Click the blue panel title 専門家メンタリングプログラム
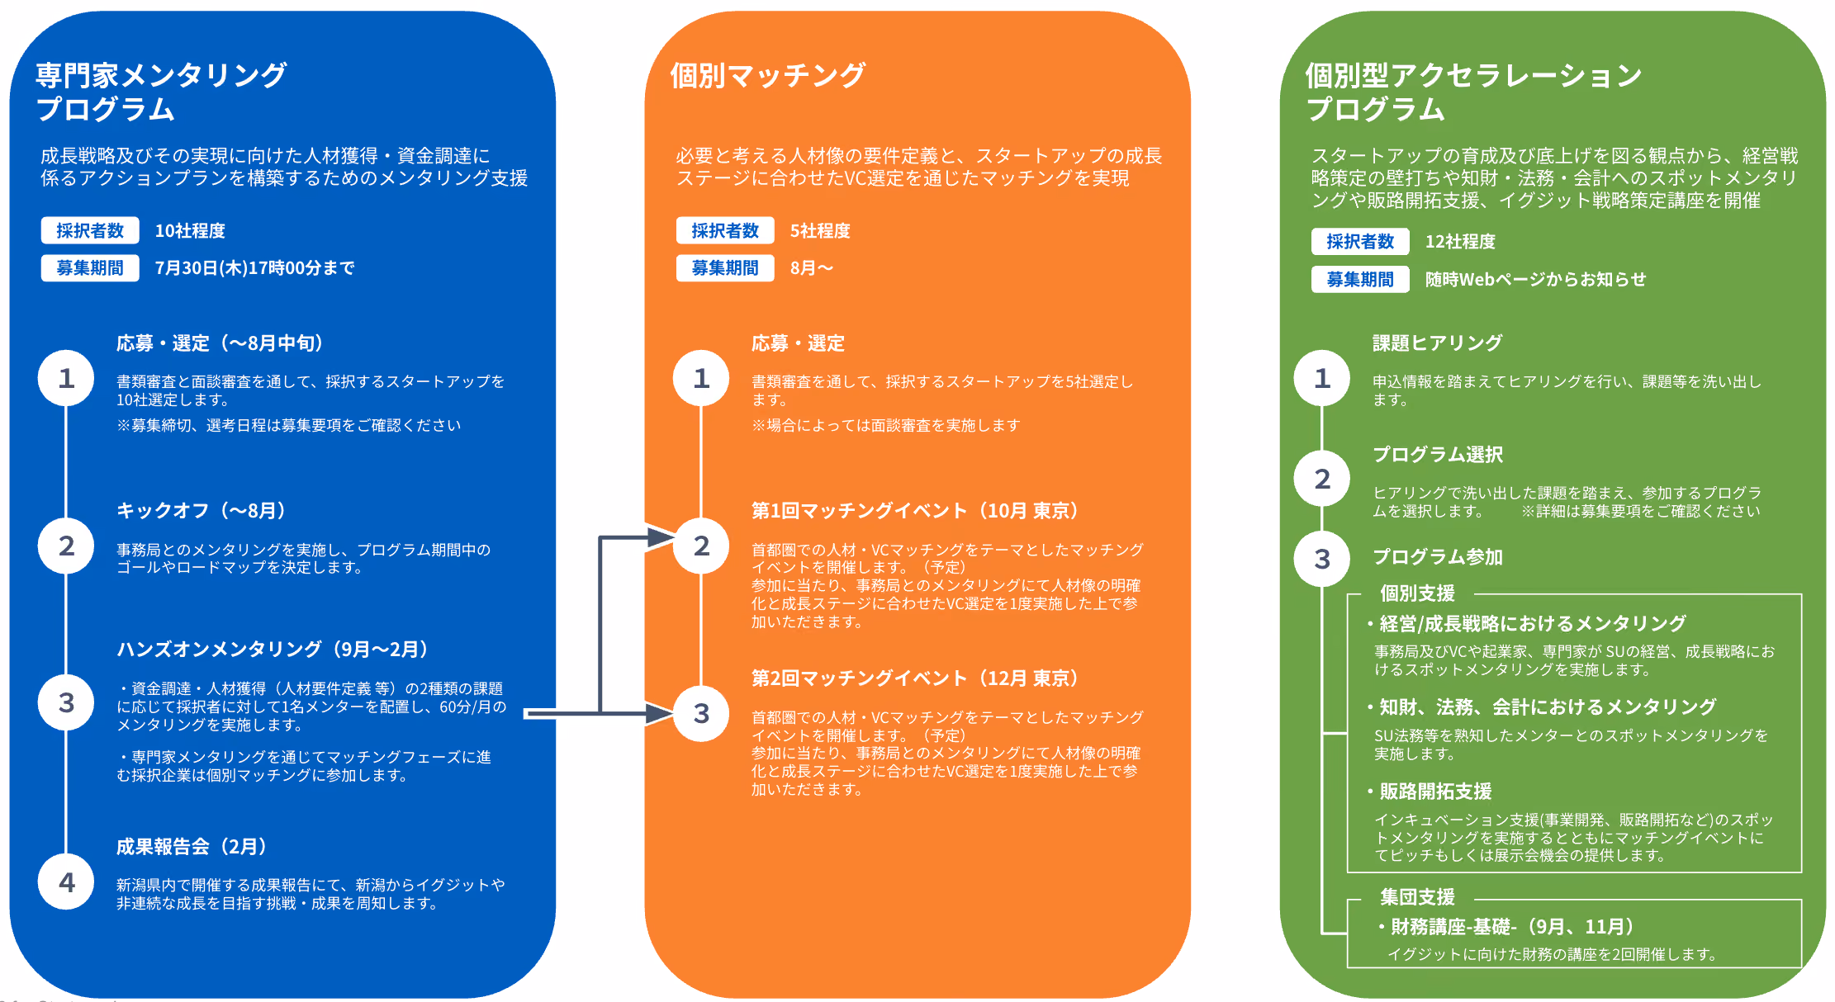pos(161,92)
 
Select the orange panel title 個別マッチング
pos(767,75)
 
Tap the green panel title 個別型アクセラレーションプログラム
pos(1473,92)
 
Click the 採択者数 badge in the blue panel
pos(90,230)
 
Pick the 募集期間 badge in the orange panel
pos(725,267)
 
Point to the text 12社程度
pos(1460,242)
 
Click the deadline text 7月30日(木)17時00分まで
pos(254,267)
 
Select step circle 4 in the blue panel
pos(66,881)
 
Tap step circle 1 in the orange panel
pos(701,378)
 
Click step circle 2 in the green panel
pos(1322,479)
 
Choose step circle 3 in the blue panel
pos(66,702)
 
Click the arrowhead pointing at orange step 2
pos(661,537)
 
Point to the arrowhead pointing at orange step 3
pos(661,713)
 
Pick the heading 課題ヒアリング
pos(1437,343)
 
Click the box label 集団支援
pos(1417,897)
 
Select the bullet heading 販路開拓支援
pos(1435,791)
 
